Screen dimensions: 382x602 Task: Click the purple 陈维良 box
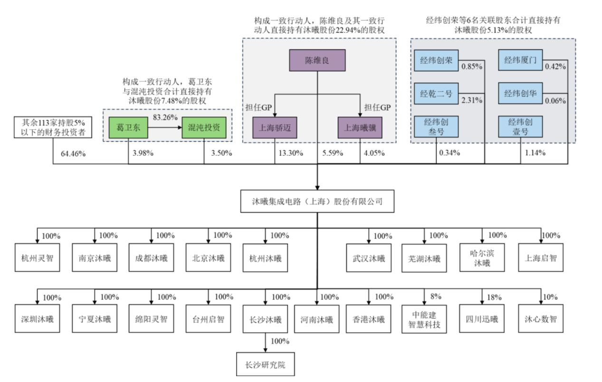point(317,61)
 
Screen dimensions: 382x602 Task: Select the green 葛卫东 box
point(128,127)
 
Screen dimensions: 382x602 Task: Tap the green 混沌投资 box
point(204,127)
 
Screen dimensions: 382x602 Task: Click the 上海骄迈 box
point(274,127)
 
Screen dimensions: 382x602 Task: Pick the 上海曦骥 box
point(360,127)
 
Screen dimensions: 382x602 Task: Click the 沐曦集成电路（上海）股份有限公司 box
point(317,201)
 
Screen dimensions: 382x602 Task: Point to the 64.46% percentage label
point(74,154)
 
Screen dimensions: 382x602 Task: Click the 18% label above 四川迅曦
point(494,297)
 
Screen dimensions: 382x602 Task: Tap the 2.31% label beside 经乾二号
point(472,100)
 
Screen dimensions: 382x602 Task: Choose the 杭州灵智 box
point(37,258)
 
